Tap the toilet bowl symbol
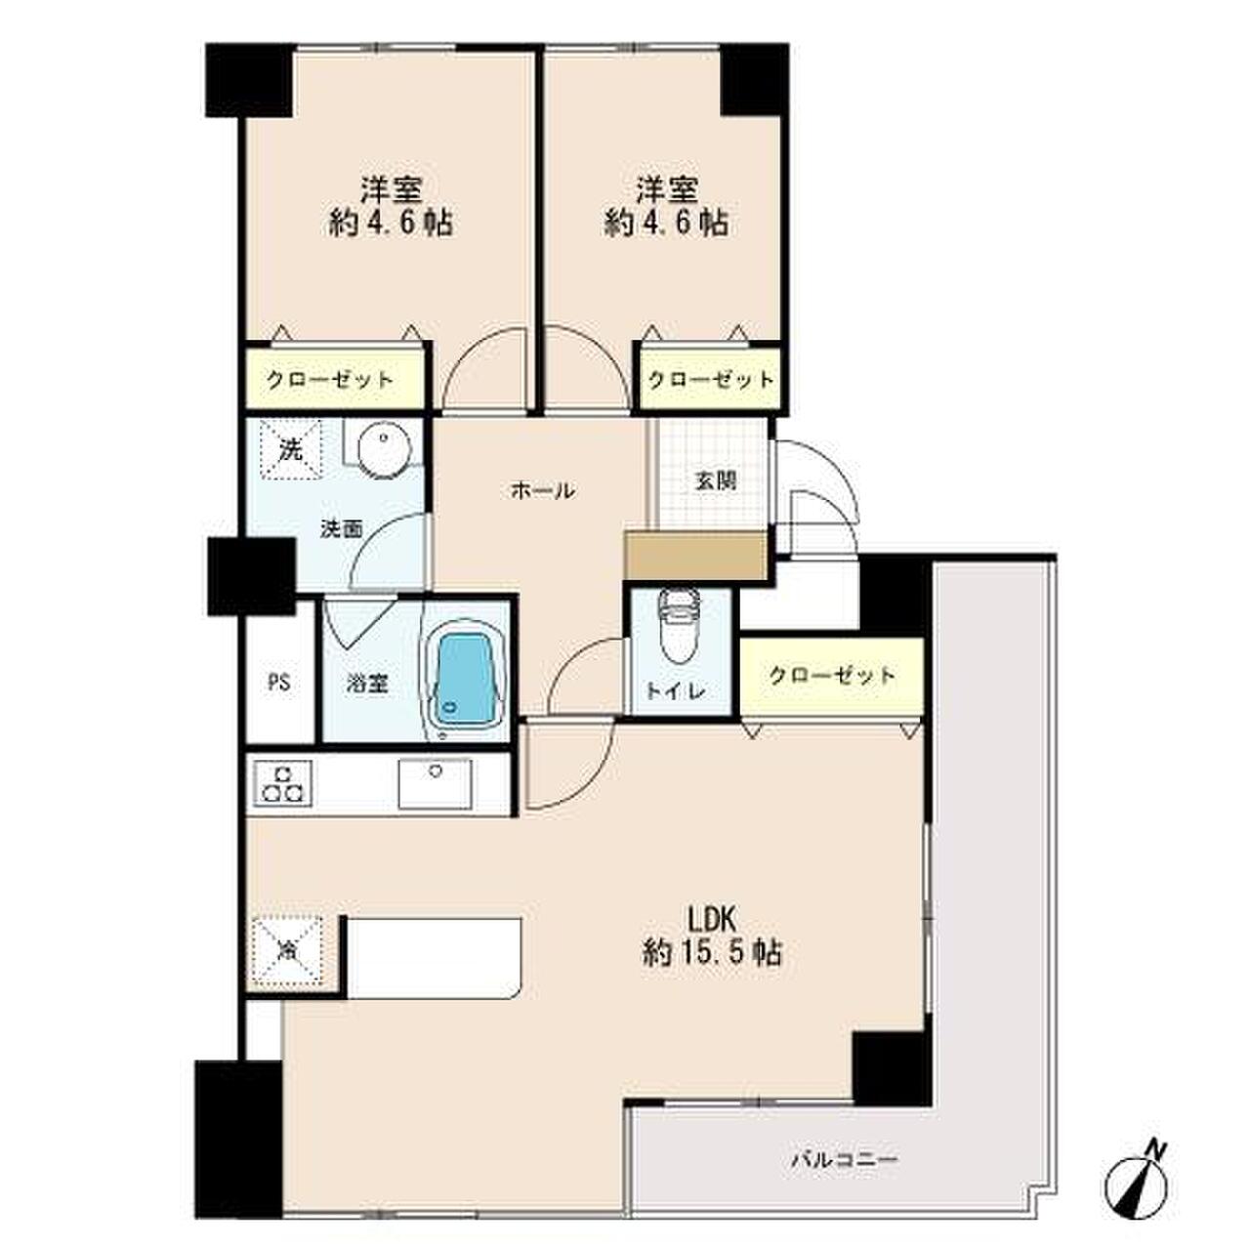point(678,627)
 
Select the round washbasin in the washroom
point(385,449)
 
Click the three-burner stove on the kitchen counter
point(282,783)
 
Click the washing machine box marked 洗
point(291,450)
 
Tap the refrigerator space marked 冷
point(286,950)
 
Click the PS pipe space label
point(279,683)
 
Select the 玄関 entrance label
point(716,480)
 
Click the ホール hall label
point(542,490)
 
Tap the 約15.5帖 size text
point(711,953)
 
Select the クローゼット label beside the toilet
point(832,676)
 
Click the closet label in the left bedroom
point(330,379)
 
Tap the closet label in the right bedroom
point(711,379)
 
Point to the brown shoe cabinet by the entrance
point(694,556)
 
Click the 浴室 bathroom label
point(367,683)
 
